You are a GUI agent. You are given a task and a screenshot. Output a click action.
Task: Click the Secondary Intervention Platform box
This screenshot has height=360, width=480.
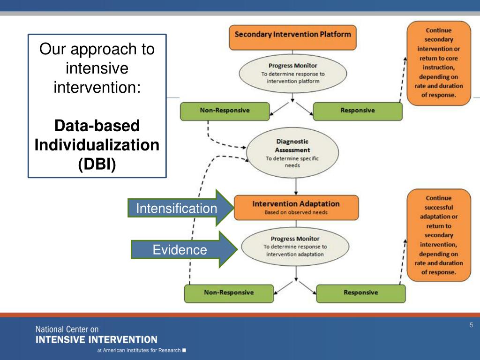[x=292, y=37]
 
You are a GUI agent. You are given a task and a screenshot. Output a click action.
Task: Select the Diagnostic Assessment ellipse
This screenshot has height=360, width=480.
[x=292, y=152]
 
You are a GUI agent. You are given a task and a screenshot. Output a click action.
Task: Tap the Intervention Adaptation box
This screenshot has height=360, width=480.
[x=296, y=208]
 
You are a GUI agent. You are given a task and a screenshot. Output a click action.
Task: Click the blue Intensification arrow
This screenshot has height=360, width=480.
[x=180, y=208]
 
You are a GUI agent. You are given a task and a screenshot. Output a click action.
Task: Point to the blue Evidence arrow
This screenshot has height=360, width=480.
[x=184, y=249]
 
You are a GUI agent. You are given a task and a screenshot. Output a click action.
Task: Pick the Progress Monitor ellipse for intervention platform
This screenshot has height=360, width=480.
[x=292, y=74]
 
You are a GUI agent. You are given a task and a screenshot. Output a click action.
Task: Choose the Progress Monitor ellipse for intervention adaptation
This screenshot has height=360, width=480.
[x=295, y=247]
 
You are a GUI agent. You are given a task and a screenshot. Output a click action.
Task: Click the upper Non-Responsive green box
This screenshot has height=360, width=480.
[x=225, y=111]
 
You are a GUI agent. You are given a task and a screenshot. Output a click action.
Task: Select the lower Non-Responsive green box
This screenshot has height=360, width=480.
[x=229, y=293]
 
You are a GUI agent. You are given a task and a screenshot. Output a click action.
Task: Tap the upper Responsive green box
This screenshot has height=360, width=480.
[x=358, y=111]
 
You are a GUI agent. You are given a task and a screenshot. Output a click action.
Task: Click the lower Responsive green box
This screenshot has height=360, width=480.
[x=361, y=293]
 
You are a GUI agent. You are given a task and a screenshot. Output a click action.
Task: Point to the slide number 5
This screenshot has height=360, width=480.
[x=472, y=325]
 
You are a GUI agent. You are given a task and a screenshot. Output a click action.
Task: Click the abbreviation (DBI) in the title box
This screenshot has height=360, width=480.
[x=97, y=164]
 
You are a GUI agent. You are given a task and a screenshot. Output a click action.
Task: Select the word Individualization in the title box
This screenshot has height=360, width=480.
[x=97, y=145]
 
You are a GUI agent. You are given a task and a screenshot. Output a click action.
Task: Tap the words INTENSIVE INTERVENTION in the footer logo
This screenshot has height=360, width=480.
[x=97, y=340]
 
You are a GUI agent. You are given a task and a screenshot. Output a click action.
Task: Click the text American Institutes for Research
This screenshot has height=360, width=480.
[x=142, y=350]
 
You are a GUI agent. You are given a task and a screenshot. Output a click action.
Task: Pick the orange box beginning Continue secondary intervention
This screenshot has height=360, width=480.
[x=439, y=63]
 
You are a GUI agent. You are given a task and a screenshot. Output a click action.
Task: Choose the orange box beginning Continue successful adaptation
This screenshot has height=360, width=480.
[x=439, y=235]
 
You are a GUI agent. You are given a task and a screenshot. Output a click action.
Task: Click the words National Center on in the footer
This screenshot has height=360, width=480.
[x=67, y=330]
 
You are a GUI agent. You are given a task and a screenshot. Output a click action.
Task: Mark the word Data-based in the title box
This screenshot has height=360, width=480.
[x=97, y=126]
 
